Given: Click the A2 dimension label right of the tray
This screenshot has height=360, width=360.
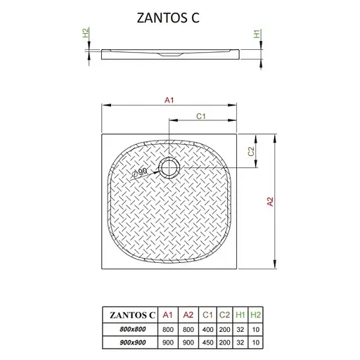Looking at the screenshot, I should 270,202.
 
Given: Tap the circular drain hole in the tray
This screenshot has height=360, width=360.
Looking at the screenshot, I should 169,167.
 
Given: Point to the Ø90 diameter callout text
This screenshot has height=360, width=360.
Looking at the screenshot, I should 140,172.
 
